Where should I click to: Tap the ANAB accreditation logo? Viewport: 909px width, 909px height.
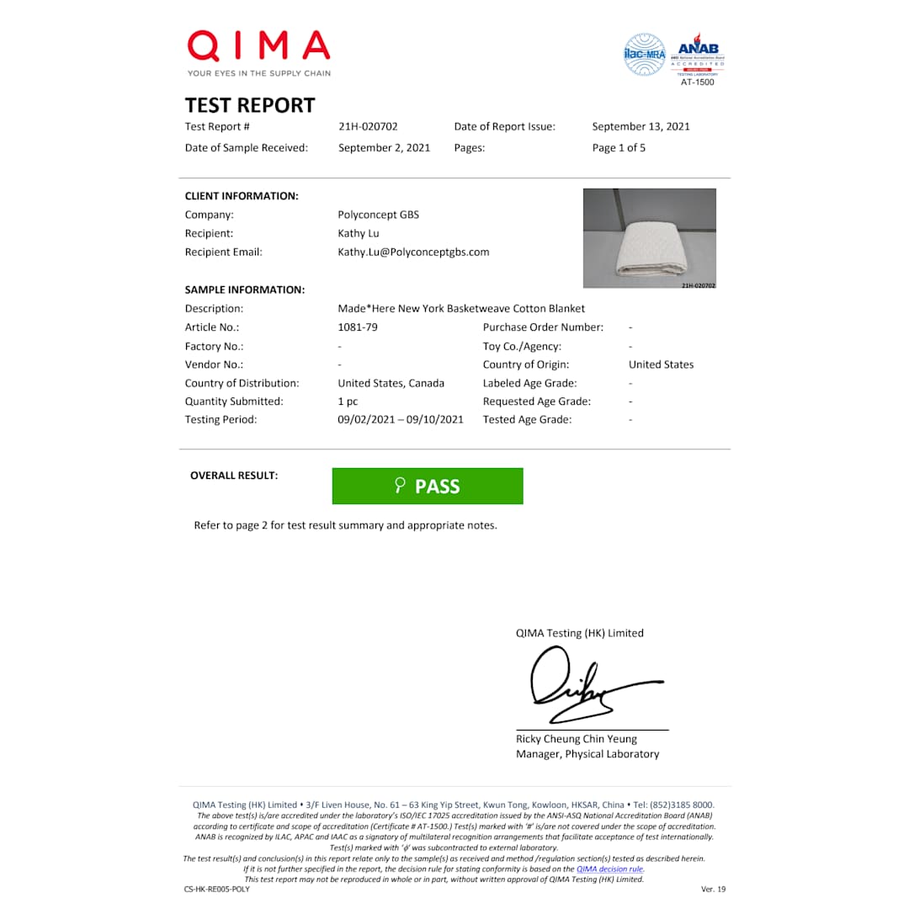point(700,56)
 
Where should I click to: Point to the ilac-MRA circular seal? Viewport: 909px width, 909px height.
point(644,55)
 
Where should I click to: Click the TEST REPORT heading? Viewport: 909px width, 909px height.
point(250,105)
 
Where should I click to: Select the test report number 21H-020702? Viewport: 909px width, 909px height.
point(368,127)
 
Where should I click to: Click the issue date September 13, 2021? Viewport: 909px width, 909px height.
point(641,127)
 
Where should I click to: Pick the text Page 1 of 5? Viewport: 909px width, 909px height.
point(619,148)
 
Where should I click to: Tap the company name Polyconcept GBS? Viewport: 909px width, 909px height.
point(378,215)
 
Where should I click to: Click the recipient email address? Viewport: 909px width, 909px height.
point(413,252)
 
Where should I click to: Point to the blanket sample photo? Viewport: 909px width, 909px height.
point(649,237)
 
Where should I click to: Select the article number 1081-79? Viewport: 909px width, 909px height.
point(358,327)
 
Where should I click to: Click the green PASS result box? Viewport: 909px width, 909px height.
point(428,486)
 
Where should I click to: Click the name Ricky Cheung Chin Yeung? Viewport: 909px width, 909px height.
point(577,739)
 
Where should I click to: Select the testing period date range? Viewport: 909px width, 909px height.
point(401,420)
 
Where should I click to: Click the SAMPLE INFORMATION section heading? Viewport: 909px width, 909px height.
point(244,290)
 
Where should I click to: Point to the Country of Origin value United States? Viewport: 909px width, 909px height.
point(661,364)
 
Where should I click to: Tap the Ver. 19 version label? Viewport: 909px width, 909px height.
point(713,889)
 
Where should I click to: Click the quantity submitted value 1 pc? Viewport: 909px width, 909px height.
point(348,401)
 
